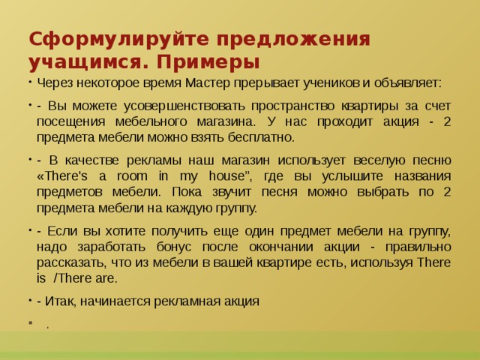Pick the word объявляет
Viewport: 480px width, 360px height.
point(405,82)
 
